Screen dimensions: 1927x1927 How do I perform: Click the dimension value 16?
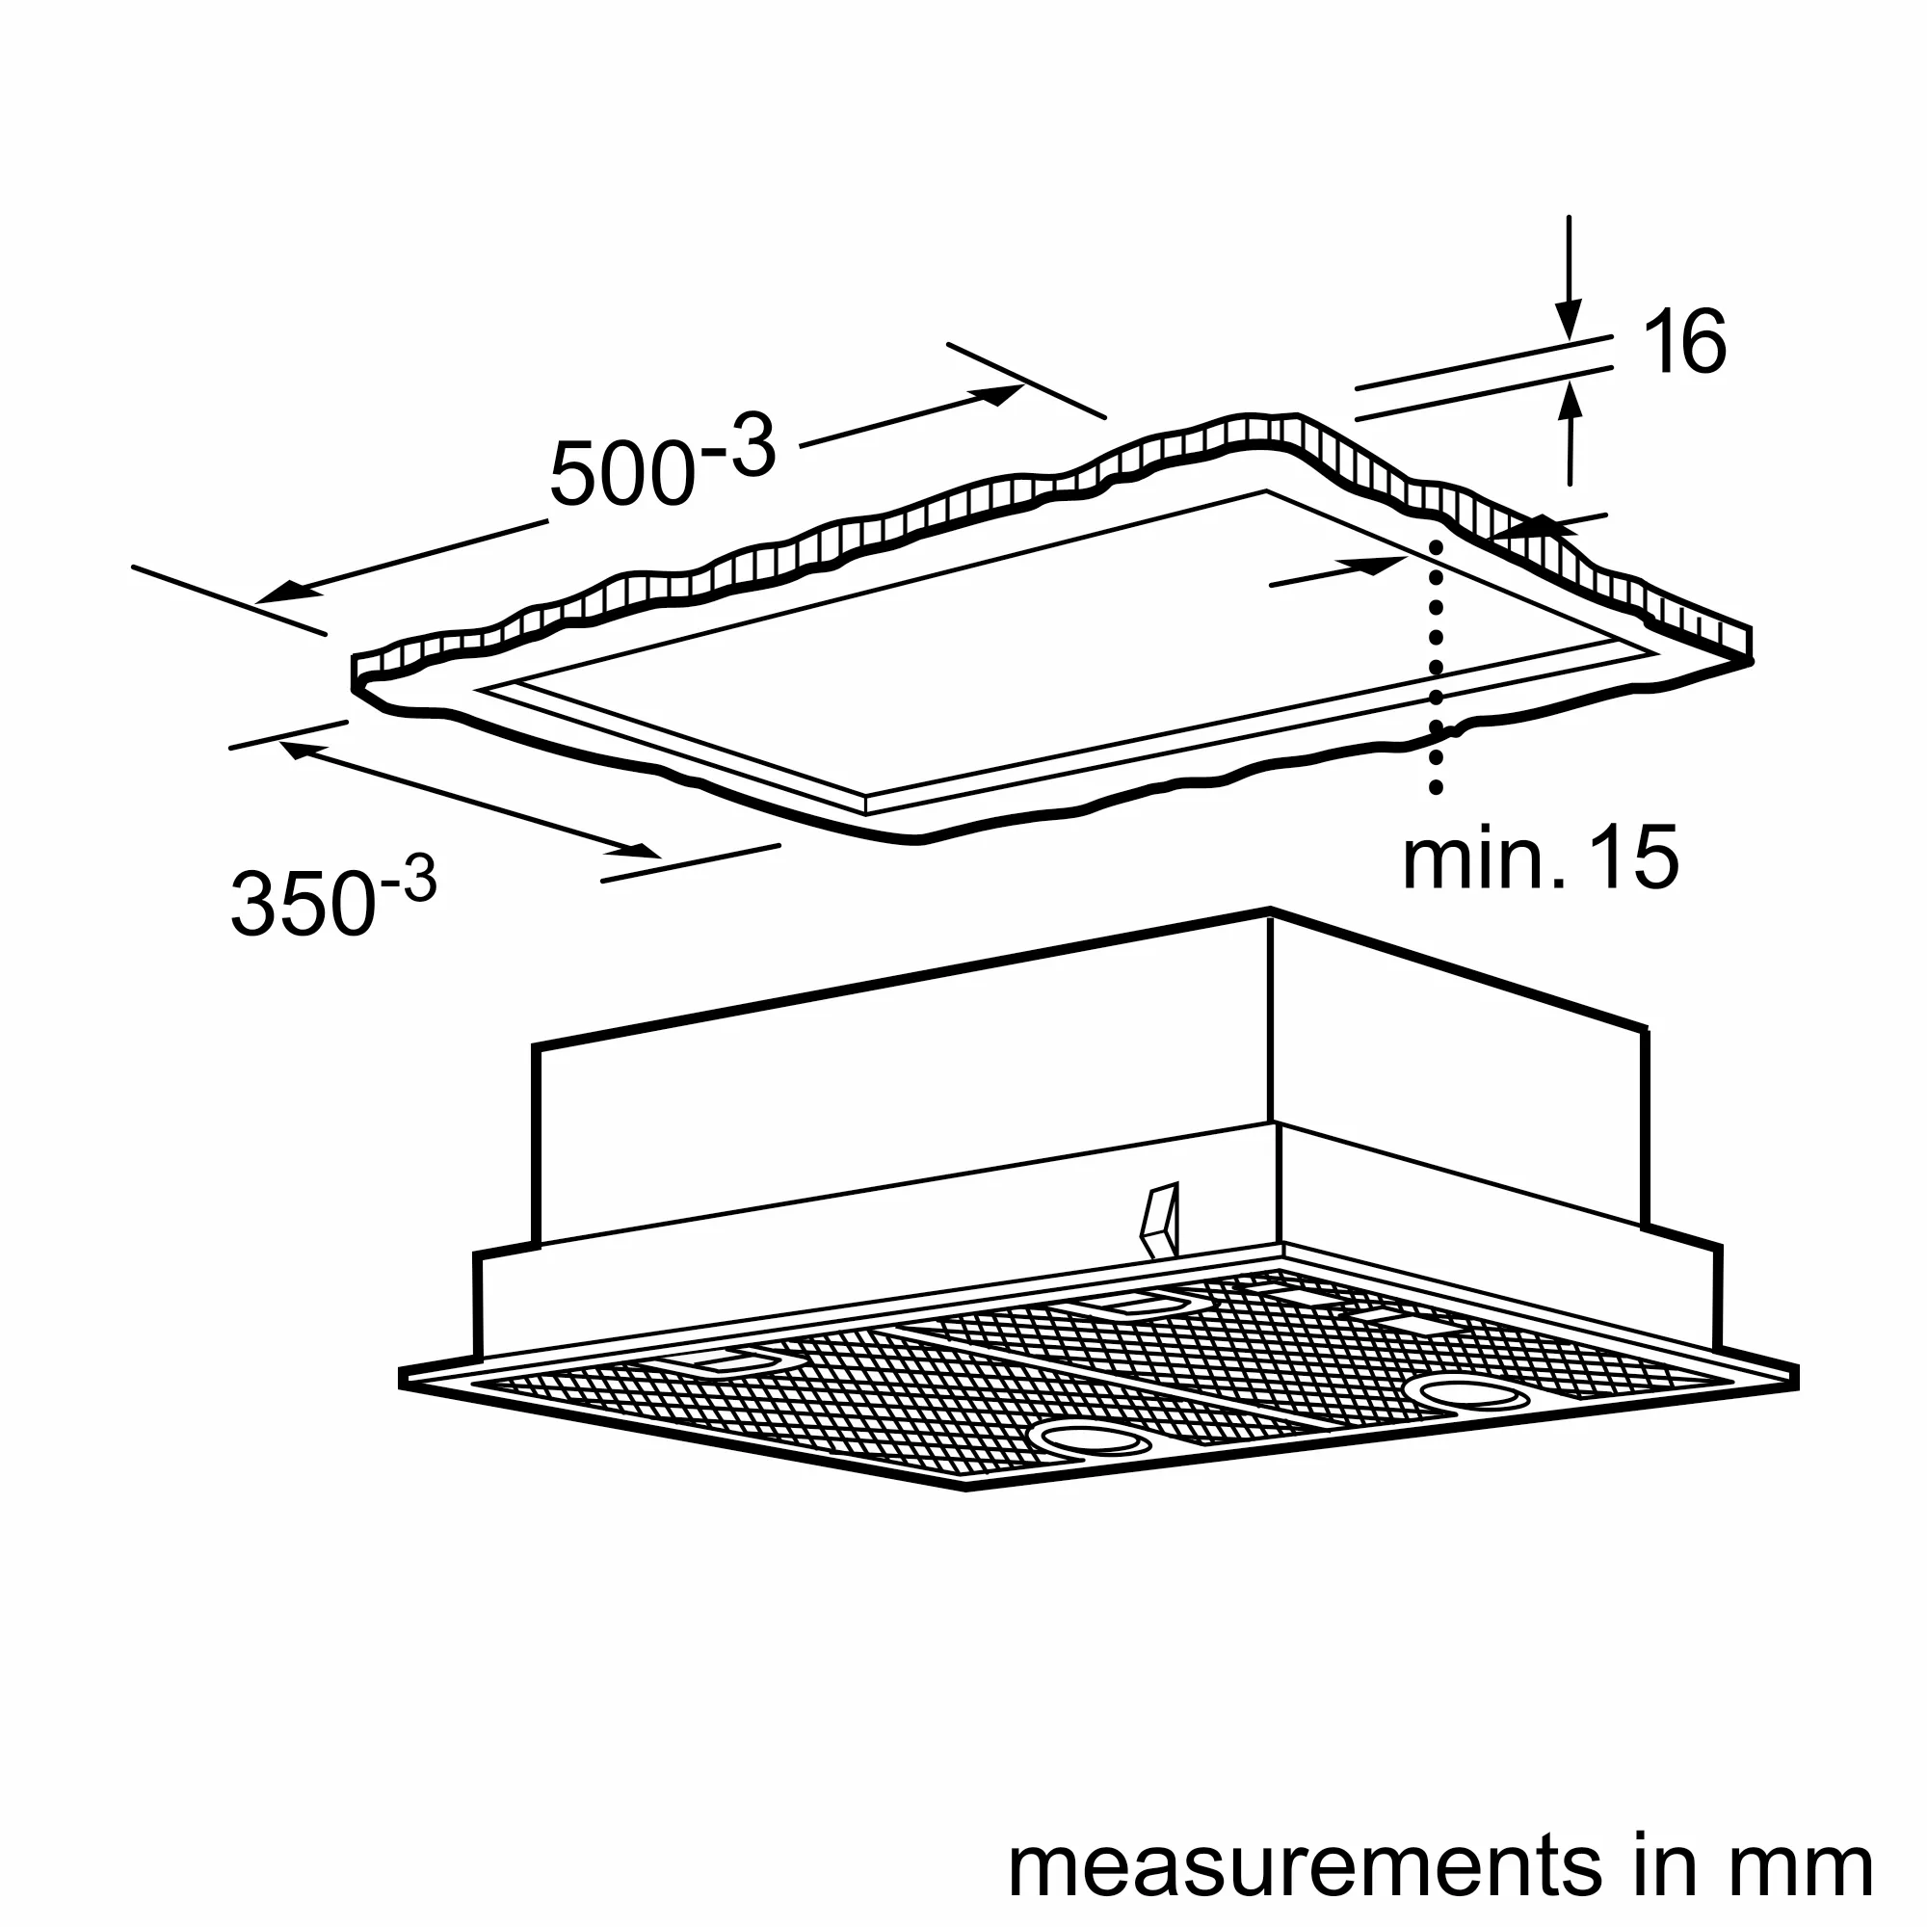pos(1683,342)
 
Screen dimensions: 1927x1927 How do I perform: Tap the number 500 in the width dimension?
pos(622,473)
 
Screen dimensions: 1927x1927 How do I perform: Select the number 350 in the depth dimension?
pos(304,904)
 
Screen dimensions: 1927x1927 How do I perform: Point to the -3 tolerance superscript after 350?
pos(408,881)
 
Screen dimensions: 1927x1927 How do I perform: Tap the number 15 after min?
pos(1634,857)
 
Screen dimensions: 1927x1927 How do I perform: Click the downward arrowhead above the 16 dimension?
pos(1569,320)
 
